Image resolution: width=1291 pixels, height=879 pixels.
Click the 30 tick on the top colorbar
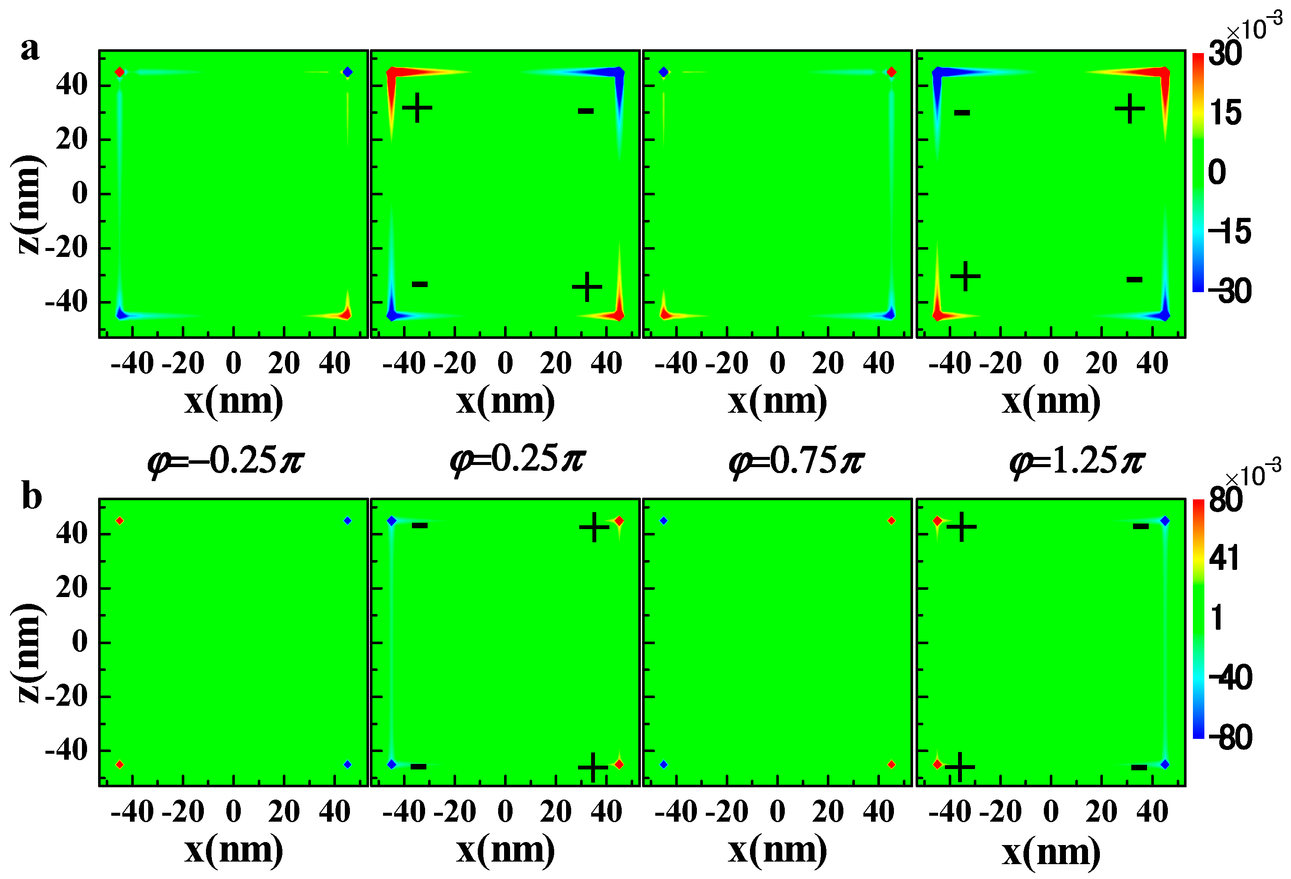[1224, 54]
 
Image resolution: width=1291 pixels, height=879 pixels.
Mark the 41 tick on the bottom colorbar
[1224, 558]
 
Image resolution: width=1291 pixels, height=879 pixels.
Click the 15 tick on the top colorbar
[1225, 113]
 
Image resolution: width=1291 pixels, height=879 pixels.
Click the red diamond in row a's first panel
[119, 72]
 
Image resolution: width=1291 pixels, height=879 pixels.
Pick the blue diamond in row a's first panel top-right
[348, 72]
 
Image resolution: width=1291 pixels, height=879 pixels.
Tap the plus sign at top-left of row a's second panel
[417, 108]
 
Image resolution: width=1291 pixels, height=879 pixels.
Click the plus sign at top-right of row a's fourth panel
[1129, 108]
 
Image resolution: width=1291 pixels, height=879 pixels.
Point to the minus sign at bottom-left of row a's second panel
[420, 285]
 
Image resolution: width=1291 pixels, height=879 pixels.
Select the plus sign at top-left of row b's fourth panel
[961, 526]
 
